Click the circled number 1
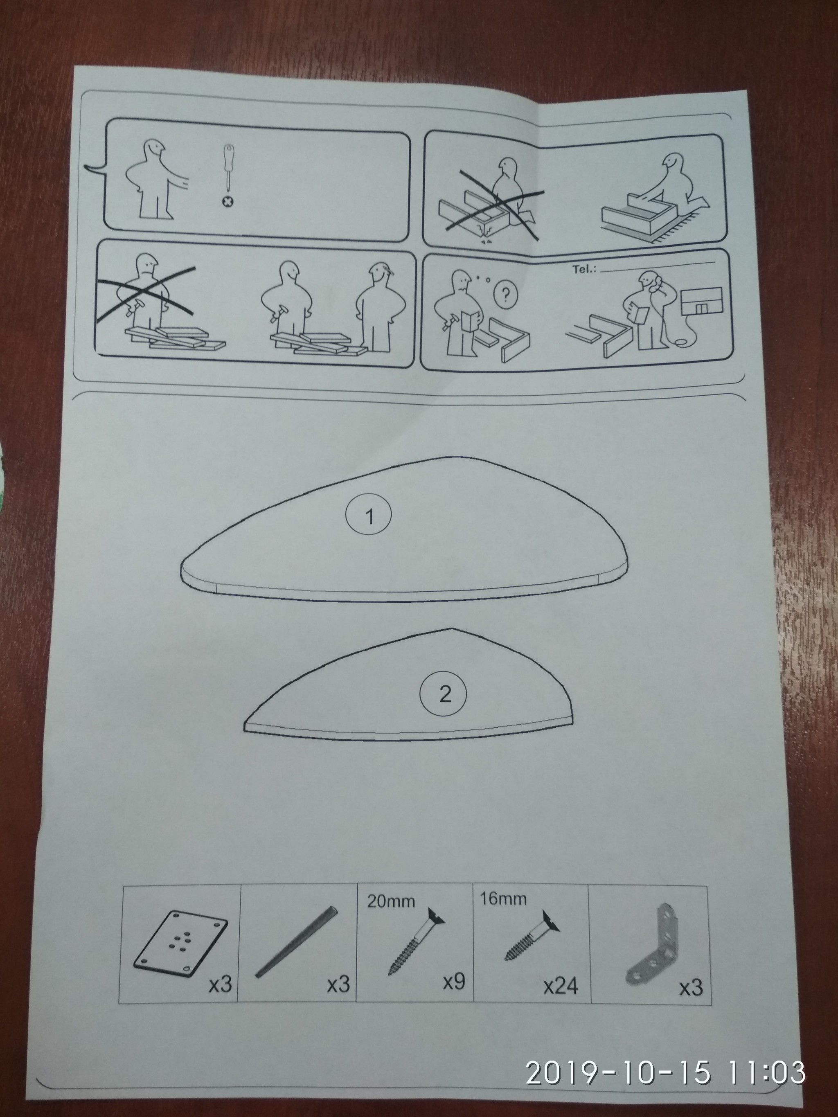click(369, 516)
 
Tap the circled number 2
click(444, 695)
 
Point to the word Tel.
click(584, 269)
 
